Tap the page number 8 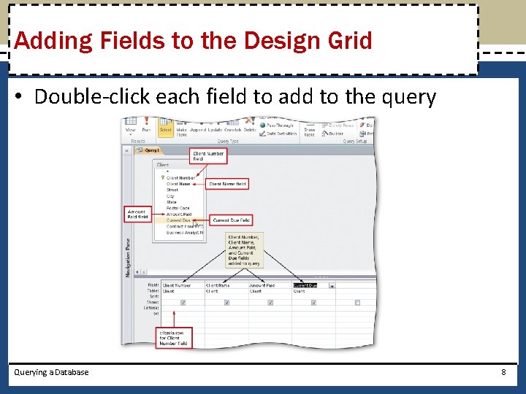point(503,372)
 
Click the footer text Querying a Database point(51,372)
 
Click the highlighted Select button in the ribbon point(166,129)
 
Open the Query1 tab point(151,150)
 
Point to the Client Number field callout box point(209,156)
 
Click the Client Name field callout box point(228,184)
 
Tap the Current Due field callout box point(231,220)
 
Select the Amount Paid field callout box point(137,214)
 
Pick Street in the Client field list point(172,190)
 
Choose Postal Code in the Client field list point(178,208)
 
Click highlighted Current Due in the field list point(178,220)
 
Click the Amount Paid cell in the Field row point(262,285)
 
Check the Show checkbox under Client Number point(183,302)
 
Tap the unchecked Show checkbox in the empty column point(357,302)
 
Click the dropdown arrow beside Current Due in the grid point(332,286)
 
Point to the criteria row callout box point(175,336)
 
